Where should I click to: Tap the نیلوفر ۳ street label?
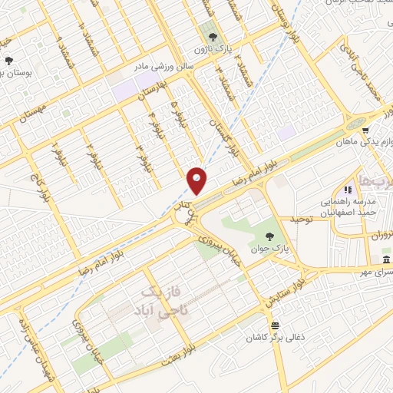click(x=140, y=158)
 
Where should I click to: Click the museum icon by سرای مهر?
click(x=384, y=261)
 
